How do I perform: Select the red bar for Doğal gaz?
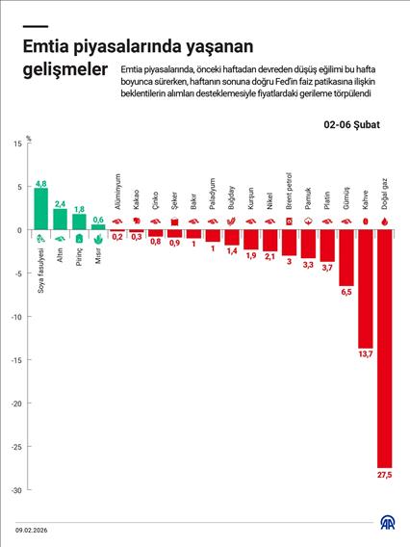tap(385, 347)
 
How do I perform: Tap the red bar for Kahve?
tap(366, 289)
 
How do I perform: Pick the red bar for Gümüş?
tap(346, 258)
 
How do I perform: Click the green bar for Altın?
tap(60, 220)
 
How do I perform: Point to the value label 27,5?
tap(385, 474)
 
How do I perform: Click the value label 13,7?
tap(366, 355)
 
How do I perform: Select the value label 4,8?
tap(40, 183)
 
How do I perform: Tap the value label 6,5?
tap(346, 292)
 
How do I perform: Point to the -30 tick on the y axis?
tap(15, 490)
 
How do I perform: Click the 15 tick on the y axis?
tap(16, 143)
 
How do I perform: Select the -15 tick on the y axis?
tap(15, 360)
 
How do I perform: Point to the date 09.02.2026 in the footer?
tap(34, 529)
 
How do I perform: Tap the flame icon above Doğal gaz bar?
tap(385, 221)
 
